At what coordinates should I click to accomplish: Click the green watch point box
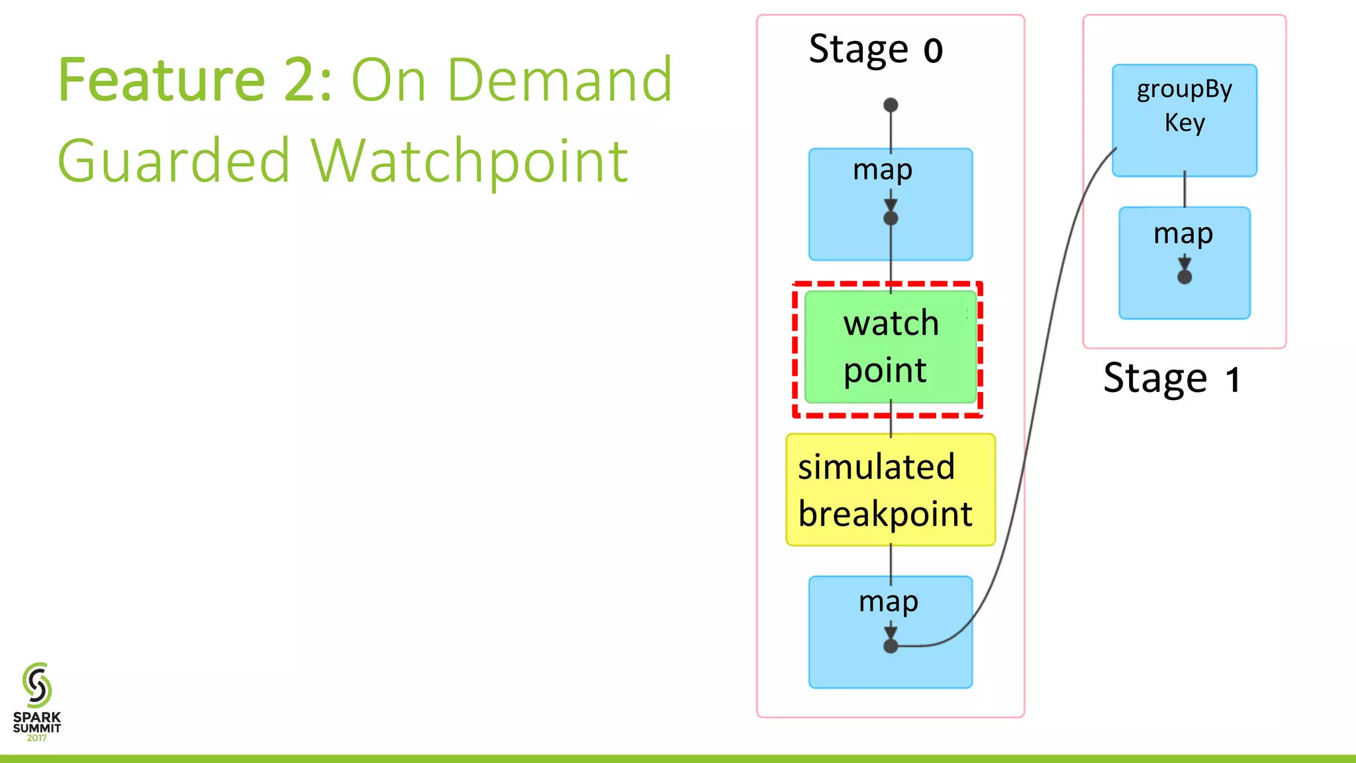click(891, 347)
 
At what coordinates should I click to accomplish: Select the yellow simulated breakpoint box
click(891, 490)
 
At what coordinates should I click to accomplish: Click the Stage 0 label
click(875, 49)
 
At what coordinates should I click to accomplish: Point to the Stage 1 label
click(1171, 378)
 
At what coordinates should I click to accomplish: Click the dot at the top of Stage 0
click(891, 105)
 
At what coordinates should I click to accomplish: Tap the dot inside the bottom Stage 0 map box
click(891, 646)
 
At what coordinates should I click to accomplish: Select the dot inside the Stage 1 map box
click(1185, 277)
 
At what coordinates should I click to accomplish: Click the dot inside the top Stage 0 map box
click(891, 218)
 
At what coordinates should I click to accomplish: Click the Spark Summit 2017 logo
click(37, 702)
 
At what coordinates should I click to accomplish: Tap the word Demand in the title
click(559, 80)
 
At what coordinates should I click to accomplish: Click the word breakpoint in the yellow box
click(885, 515)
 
